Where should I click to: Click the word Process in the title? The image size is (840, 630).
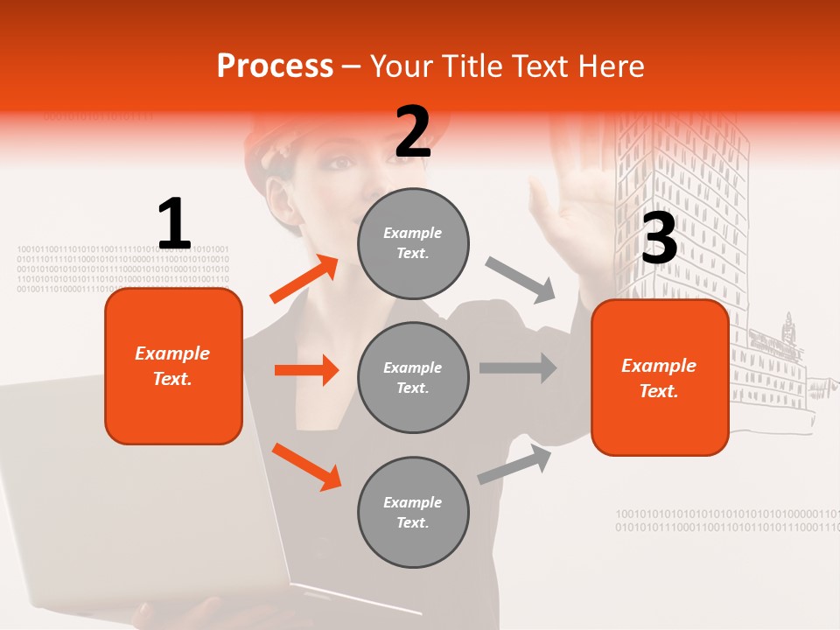coord(275,66)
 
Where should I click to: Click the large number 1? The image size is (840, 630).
coord(174,225)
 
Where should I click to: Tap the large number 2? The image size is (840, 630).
coord(413,132)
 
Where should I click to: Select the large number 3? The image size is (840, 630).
coord(659,239)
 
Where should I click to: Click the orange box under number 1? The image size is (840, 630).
coord(173,366)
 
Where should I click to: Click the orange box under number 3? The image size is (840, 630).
coord(660,377)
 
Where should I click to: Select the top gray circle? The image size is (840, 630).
coord(413,243)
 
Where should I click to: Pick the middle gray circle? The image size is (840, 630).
coord(413,377)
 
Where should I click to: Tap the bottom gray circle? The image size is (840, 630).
coord(413,512)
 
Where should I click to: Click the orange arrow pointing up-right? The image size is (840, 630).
coord(304,279)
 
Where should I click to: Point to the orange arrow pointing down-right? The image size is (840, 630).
coord(306,466)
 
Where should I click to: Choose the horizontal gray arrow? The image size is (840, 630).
coord(517,367)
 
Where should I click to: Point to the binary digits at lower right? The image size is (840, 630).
coord(726,521)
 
